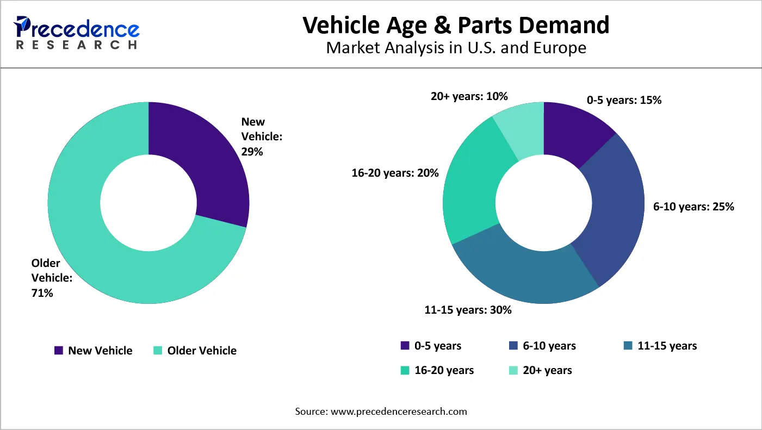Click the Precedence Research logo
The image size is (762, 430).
click(x=77, y=33)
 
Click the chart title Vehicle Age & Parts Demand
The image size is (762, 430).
click(x=456, y=25)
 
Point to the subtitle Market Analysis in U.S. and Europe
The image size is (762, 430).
click(x=456, y=48)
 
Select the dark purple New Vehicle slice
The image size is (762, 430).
click(x=207, y=158)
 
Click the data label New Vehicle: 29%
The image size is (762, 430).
click(x=261, y=137)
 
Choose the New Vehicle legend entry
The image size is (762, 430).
click(x=94, y=351)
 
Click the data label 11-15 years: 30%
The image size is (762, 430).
click(x=468, y=310)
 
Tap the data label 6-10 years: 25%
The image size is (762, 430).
click(x=693, y=207)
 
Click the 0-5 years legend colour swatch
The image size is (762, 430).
click(x=405, y=346)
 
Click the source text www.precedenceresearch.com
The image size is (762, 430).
click(x=399, y=412)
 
